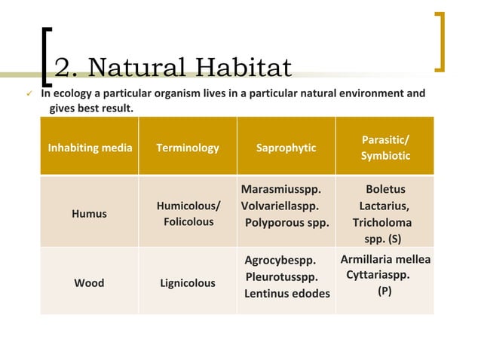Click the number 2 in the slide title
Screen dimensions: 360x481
[63, 68]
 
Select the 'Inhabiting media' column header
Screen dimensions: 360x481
[89, 148]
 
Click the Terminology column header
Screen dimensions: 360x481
[187, 148]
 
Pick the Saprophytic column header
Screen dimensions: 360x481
[286, 148]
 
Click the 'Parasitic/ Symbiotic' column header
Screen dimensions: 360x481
[384, 148]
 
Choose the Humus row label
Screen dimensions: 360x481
[89, 213]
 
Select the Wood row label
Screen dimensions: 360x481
[89, 283]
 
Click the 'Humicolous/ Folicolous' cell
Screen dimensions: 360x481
[187, 213]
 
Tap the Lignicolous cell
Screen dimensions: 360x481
[187, 283]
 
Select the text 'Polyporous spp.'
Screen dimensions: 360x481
[287, 222]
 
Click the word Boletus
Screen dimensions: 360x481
[384, 189]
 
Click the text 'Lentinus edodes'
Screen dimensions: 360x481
[286, 293]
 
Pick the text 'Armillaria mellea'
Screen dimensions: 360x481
[385, 259]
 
